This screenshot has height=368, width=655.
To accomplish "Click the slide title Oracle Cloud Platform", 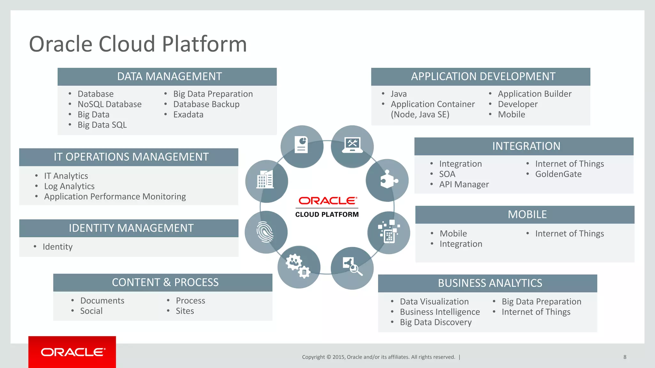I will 138,44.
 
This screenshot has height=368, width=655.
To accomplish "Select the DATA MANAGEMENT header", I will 169,77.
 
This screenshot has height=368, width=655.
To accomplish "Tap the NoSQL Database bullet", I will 109,104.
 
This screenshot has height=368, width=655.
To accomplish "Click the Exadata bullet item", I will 188,115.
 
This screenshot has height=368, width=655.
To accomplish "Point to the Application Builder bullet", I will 534,94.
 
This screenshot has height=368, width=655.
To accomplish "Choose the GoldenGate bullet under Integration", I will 558,174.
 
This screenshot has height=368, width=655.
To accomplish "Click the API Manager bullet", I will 464,185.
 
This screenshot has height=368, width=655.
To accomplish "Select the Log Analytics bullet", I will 69,186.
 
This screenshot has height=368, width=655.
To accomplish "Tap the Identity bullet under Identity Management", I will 58,247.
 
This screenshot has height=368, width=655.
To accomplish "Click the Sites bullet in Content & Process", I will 185,311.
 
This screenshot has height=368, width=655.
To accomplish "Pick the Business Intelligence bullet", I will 440,312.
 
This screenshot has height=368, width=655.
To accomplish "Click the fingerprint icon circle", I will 266,232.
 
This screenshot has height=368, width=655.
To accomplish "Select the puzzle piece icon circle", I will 387,180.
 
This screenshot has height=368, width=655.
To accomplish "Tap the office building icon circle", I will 266,181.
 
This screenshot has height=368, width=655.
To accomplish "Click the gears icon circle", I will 298,267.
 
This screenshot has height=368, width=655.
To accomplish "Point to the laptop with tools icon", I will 352,146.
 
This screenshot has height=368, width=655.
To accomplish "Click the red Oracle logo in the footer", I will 72,352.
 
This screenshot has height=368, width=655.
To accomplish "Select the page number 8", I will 625,357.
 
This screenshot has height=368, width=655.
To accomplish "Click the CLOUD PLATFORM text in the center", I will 327,215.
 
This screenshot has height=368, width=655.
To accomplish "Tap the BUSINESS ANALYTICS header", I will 490,283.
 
